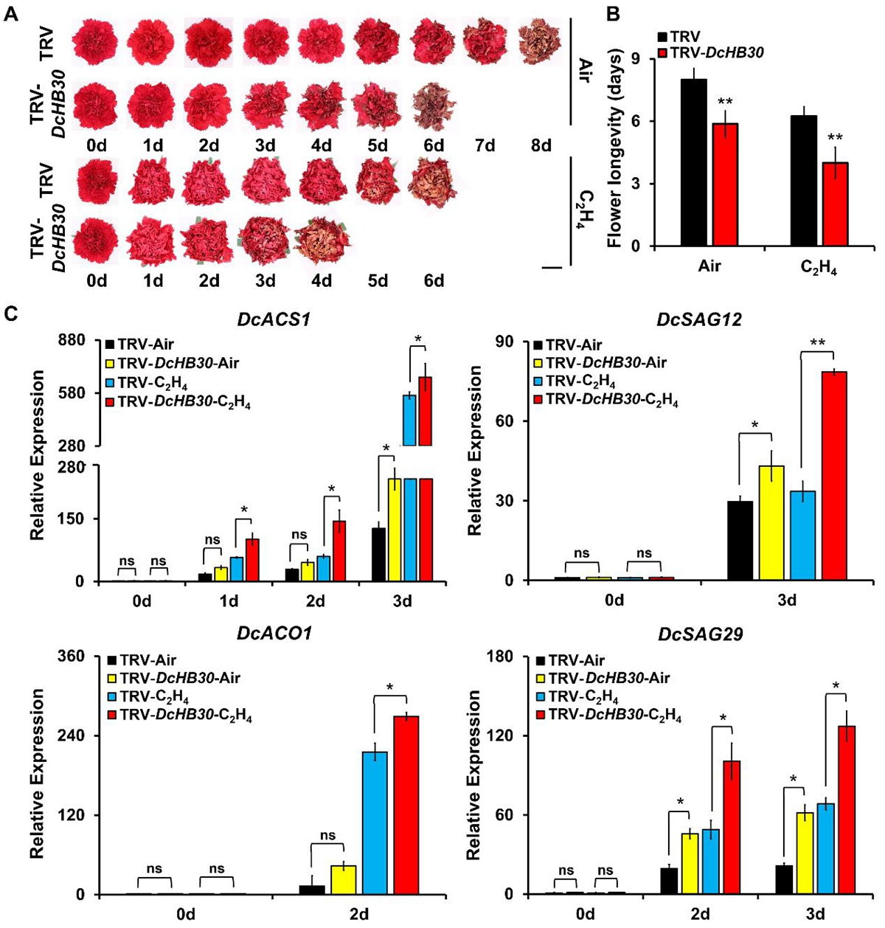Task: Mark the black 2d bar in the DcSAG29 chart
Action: (669, 881)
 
